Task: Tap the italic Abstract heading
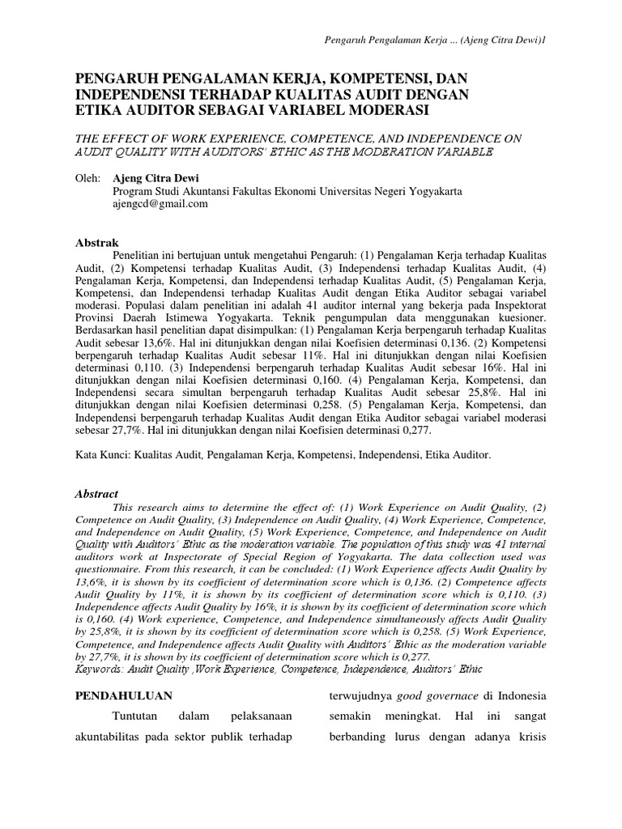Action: pos(96,493)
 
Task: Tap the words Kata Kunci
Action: pos(101,456)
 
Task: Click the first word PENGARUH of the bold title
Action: pos(118,79)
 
